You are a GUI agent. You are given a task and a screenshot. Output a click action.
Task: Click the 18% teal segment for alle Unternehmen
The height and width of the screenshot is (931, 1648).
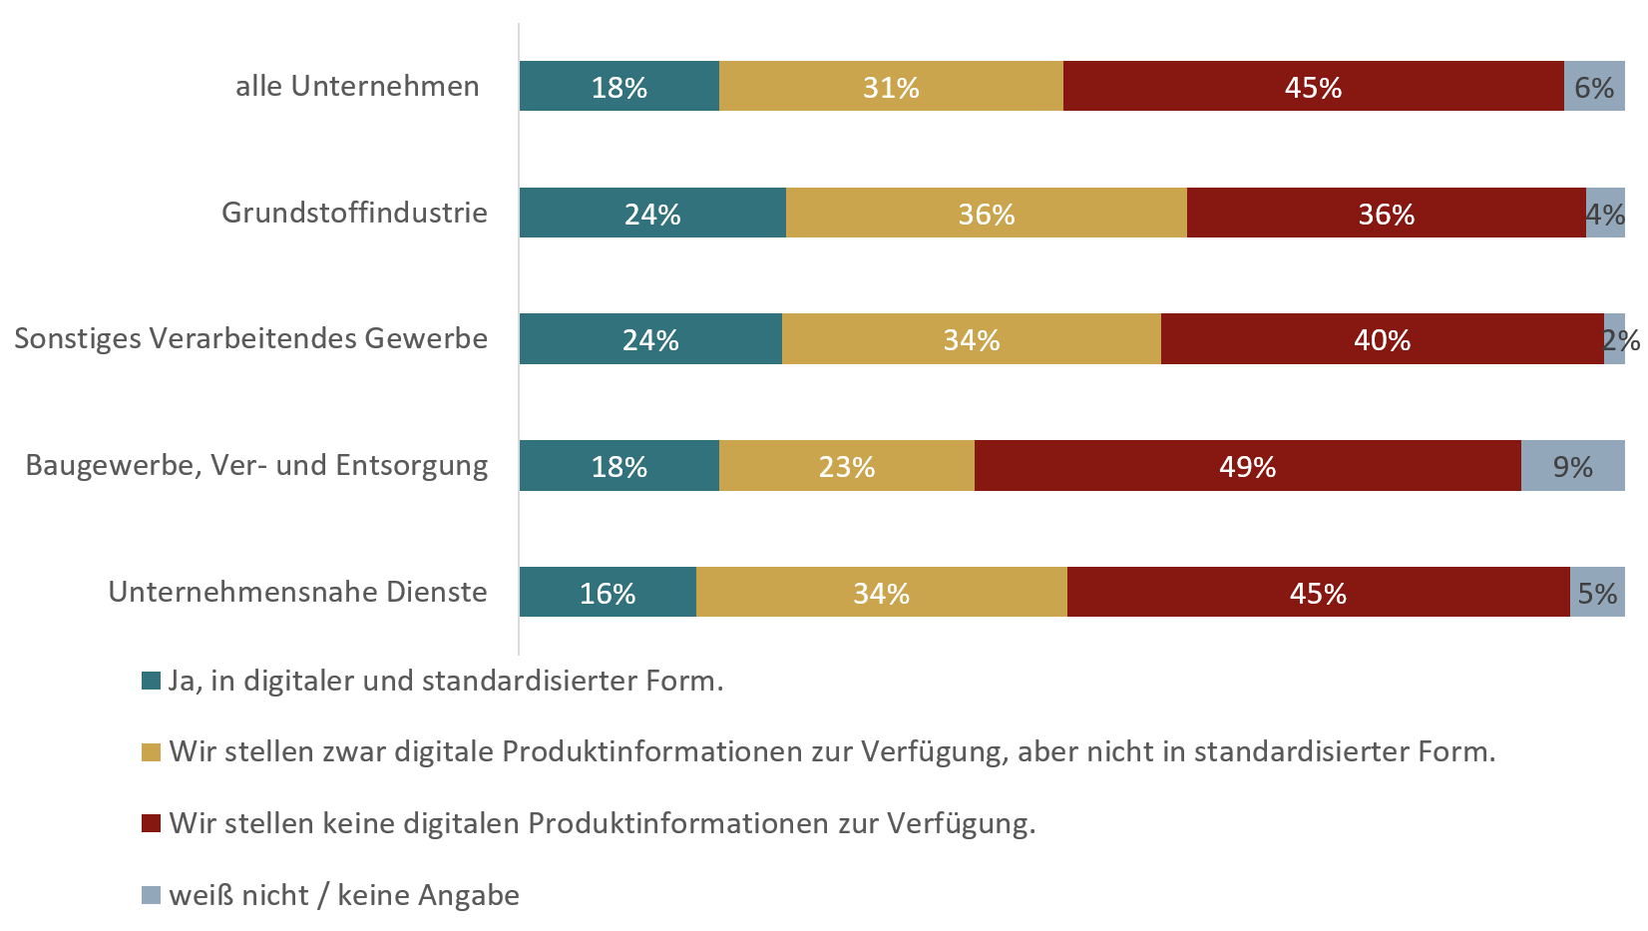click(x=618, y=87)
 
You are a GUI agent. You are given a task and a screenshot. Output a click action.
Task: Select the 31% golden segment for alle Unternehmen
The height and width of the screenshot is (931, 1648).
click(x=891, y=87)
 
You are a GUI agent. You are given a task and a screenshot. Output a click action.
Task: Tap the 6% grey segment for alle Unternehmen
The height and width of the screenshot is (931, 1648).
click(x=1594, y=87)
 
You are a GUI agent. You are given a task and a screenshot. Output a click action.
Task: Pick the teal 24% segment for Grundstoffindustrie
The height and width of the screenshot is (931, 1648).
click(x=652, y=213)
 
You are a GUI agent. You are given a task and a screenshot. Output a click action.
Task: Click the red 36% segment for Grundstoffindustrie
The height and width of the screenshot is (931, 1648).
click(x=1386, y=213)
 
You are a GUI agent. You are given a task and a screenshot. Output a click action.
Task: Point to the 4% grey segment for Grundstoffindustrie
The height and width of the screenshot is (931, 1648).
click(x=1605, y=213)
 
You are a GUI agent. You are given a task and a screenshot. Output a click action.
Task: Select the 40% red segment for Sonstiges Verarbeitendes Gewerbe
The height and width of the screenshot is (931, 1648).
click(x=1382, y=339)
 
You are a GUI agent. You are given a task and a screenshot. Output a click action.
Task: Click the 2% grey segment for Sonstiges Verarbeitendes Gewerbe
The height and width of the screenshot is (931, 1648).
click(x=1615, y=339)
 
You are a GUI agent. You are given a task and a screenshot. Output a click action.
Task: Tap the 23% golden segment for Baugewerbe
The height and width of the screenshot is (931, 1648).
click(x=846, y=466)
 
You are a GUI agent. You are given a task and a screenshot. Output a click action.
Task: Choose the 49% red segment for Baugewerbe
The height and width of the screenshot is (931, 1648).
click(x=1247, y=466)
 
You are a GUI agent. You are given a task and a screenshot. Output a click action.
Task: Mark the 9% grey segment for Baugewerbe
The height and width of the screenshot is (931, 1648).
click(x=1572, y=466)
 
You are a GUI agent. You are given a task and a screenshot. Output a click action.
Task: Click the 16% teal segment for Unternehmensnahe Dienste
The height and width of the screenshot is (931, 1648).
click(x=608, y=593)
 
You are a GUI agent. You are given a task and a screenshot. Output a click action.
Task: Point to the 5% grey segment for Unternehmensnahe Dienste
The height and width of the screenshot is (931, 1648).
click(x=1597, y=593)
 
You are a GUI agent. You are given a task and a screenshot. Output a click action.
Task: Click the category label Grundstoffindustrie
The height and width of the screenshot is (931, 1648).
click(x=354, y=213)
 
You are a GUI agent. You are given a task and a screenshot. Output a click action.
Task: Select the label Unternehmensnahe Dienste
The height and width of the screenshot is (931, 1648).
click(x=297, y=592)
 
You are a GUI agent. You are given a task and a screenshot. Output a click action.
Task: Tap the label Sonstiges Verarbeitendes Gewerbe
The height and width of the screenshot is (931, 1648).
click(x=250, y=338)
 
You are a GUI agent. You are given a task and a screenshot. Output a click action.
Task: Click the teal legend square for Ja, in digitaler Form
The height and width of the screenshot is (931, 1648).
click(x=152, y=682)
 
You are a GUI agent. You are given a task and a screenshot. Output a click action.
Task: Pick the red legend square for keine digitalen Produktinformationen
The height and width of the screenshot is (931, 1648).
click(x=152, y=823)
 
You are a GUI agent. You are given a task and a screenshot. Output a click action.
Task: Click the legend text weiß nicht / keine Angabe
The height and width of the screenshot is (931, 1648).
click(x=344, y=895)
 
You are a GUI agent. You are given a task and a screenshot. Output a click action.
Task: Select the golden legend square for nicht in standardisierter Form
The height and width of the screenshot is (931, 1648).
click(x=152, y=752)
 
